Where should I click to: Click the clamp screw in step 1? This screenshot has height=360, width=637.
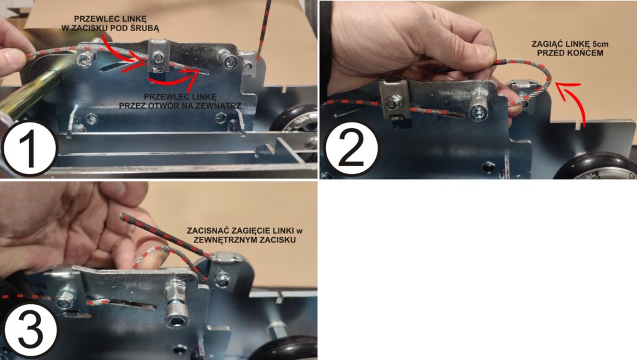tap(157, 60)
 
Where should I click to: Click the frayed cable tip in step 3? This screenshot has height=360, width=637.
tap(123, 216)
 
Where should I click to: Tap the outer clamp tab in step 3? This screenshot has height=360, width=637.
tap(224, 257)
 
